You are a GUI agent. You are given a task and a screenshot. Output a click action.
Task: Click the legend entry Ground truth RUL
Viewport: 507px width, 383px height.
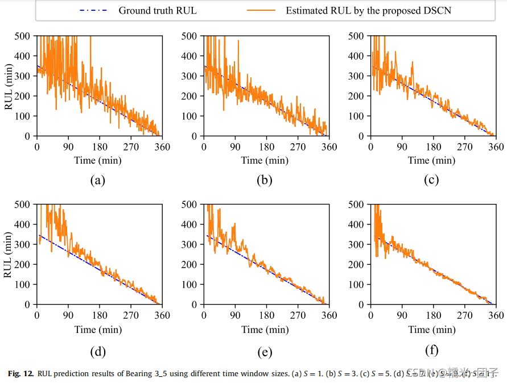(157, 10)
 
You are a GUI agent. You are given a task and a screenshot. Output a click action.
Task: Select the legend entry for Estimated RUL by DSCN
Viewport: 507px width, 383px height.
(368, 10)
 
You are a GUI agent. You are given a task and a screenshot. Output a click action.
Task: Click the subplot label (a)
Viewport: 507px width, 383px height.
(98, 181)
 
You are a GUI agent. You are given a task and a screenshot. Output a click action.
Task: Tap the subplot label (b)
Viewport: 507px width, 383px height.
(265, 181)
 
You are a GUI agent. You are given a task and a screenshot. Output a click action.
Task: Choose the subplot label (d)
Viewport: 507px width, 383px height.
(98, 352)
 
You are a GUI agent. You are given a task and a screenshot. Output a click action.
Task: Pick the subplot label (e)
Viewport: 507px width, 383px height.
(265, 352)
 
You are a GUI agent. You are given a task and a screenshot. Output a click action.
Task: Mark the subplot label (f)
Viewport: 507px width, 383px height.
(431, 350)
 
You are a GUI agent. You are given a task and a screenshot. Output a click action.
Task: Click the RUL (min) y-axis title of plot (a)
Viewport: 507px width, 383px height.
(9, 86)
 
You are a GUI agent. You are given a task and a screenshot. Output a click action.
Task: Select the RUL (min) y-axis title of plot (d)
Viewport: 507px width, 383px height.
(9, 254)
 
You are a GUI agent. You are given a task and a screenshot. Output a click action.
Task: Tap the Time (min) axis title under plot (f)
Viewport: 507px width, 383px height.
(432, 329)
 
